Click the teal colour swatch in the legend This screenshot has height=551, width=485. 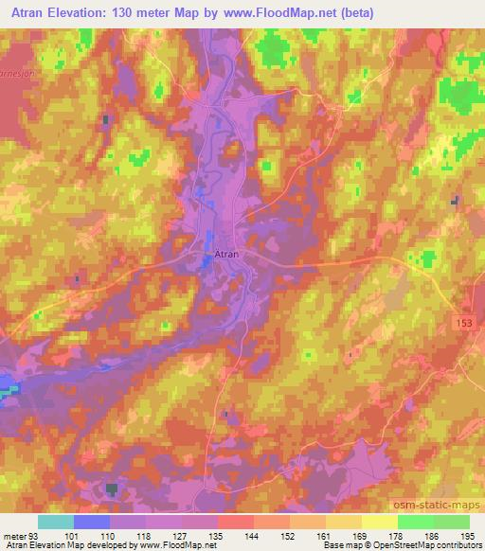(56, 522)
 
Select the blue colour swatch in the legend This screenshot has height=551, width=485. (92, 522)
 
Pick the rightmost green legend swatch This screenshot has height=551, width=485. (452, 522)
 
